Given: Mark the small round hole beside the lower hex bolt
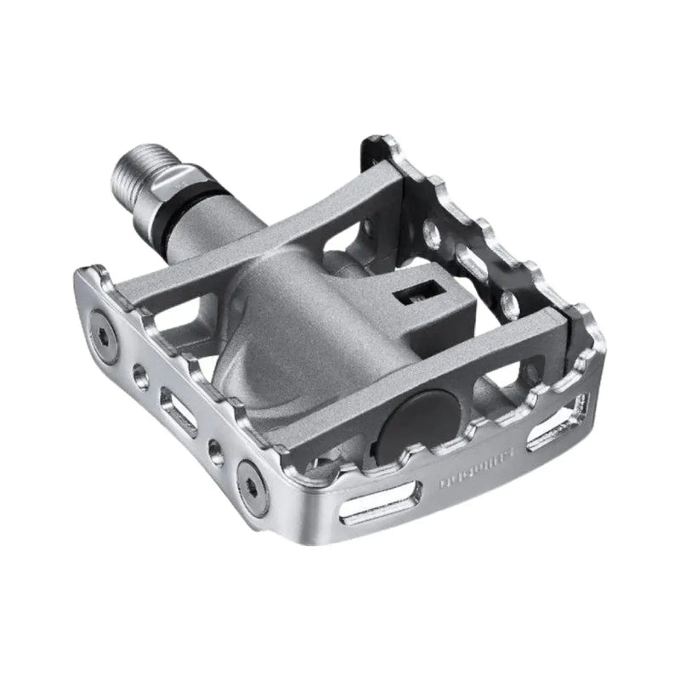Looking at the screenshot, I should point(216,449).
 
